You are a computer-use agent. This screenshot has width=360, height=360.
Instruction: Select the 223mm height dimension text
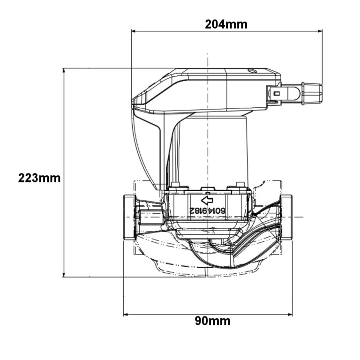point(39,178)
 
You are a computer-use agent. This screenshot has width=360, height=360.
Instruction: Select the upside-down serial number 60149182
point(207,211)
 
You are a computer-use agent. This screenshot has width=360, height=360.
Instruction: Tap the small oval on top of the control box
point(252,72)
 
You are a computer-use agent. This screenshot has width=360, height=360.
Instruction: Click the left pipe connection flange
point(129,217)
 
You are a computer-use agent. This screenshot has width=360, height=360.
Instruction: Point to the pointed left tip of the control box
point(134,100)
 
